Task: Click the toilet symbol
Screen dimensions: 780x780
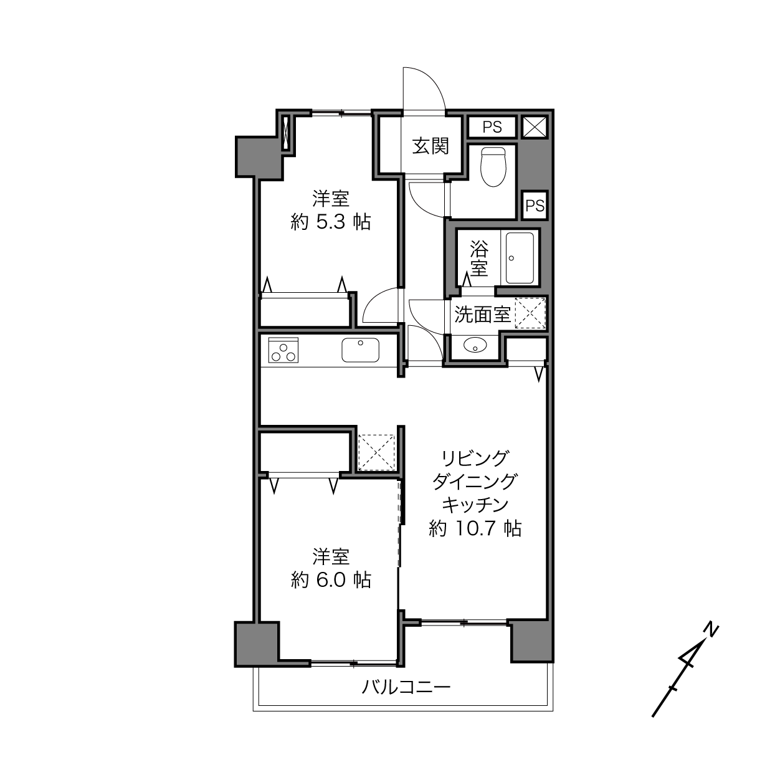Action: (493, 167)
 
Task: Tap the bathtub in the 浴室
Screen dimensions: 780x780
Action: (520, 258)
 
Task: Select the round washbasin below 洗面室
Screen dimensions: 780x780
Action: (475, 345)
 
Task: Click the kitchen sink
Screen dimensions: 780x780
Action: (360, 350)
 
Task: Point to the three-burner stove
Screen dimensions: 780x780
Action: (283, 350)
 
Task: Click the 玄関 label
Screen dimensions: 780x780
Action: (430, 146)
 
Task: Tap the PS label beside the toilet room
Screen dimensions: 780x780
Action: (535, 206)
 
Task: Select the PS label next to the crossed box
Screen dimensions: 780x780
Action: (492, 127)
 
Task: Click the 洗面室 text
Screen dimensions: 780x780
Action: (482, 315)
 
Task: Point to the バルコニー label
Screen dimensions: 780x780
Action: (406, 687)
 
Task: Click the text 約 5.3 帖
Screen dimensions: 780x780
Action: (331, 222)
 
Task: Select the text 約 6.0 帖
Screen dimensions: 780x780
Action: (331, 580)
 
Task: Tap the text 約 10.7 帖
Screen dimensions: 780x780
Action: (475, 528)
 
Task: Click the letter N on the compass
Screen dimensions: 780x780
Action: (711, 630)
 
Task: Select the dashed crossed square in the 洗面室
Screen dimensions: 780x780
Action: (530, 313)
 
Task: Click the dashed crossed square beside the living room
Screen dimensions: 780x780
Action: (376, 452)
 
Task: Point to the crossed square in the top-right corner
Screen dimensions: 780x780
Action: (535, 127)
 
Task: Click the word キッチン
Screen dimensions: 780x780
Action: (475, 505)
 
